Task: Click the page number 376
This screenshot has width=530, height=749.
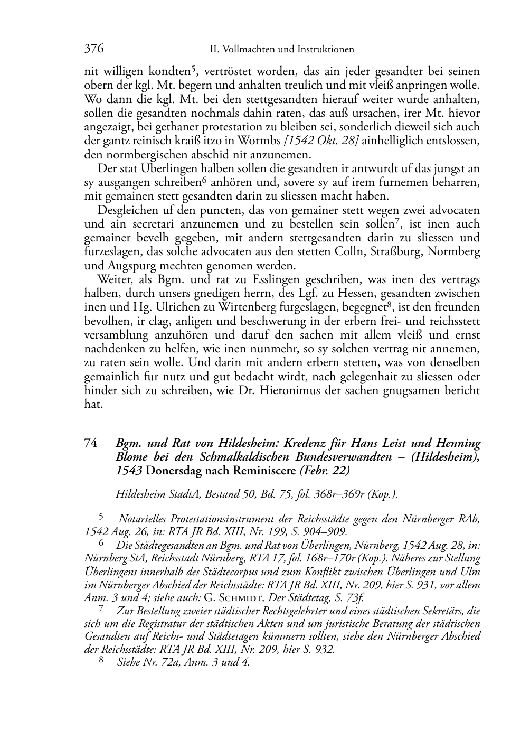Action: click(x=93, y=49)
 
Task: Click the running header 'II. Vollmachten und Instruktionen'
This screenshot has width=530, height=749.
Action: click(x=282, y=50)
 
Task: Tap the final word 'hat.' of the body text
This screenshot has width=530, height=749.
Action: click(x=92, y=404)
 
